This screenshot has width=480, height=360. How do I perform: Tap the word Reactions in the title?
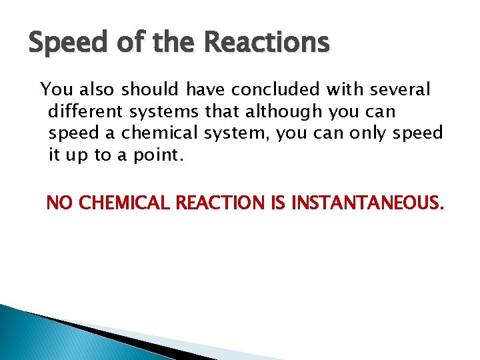pos(267,43)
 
